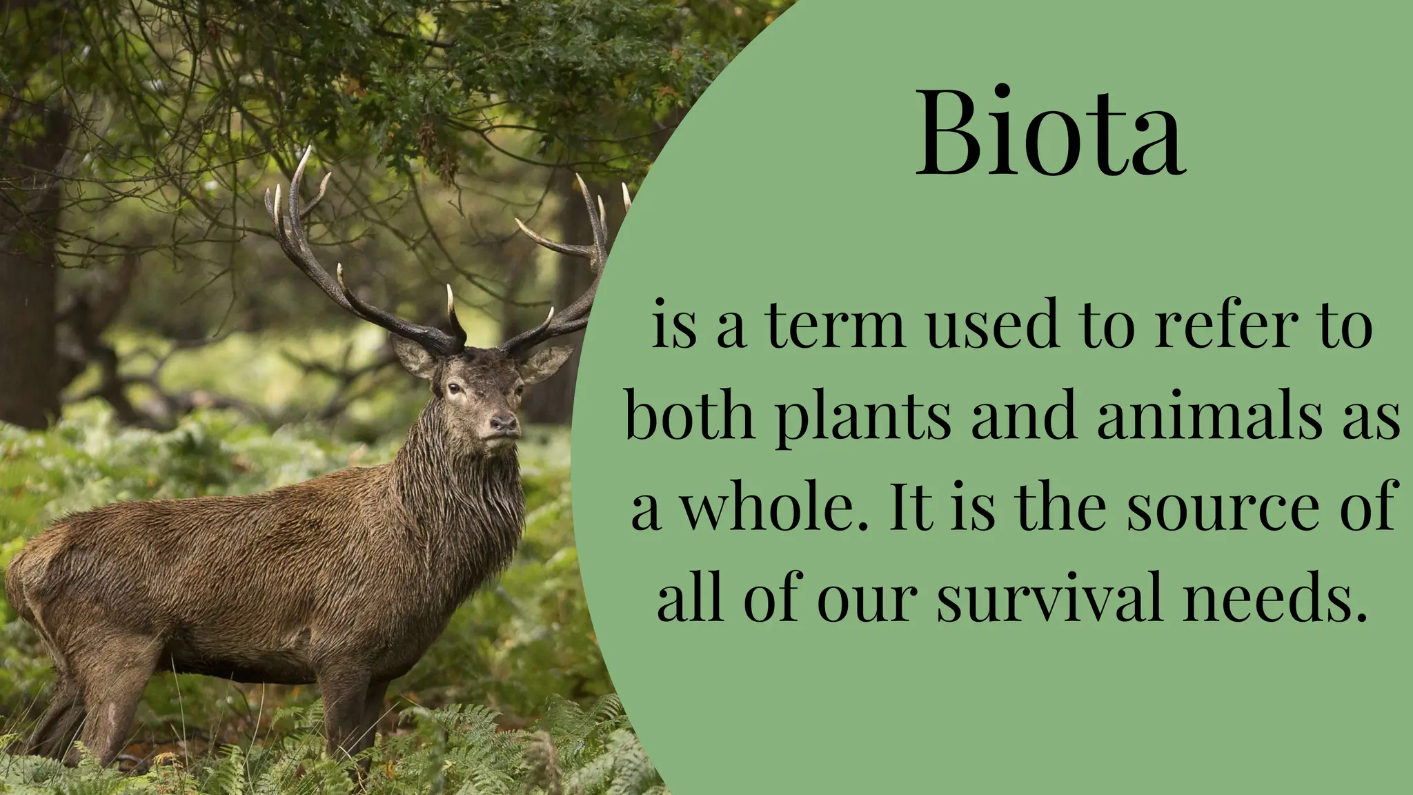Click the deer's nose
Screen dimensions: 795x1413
[503, 422]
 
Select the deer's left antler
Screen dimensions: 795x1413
[324, 262]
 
